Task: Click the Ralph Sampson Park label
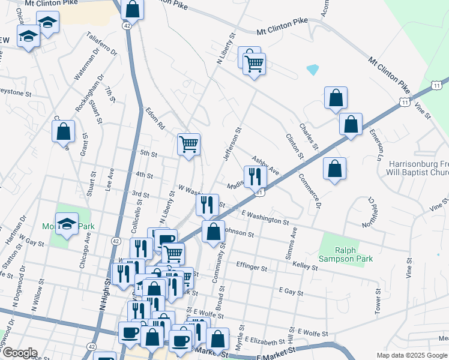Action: point(354,254)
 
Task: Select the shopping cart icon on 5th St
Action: point(189,144)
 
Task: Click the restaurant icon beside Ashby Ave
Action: point(255,176)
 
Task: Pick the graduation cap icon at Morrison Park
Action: point(67,224)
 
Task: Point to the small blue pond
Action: point(312,70)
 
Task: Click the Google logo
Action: point(19,353)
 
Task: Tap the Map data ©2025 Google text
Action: point(412,355)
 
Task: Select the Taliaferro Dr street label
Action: point(101,43)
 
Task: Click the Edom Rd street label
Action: point(154,119)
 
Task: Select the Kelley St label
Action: point(304,265)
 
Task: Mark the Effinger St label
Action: point(252,266)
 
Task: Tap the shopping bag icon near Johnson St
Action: point(213,231)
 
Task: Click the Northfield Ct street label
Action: point(368,212)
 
